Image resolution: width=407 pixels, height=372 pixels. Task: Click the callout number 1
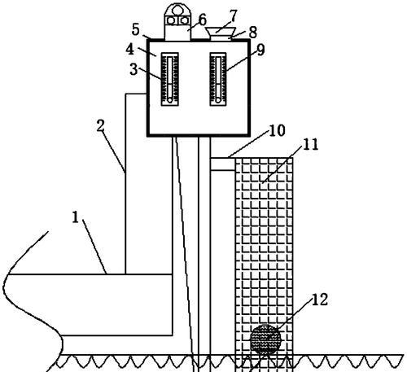[x=75, y=217]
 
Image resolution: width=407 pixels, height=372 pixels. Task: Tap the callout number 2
[x=101, y=126]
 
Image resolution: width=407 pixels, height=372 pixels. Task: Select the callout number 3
[x=133, y=69]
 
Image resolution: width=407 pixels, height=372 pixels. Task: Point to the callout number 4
[x=130, y=50]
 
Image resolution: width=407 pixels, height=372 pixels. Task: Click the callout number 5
[x=136, y=29]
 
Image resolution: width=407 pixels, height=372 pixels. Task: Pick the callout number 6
[x=203, y=20]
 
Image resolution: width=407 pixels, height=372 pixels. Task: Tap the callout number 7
[x=234, y=15]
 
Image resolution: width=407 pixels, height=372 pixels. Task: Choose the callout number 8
[x=252, y=33]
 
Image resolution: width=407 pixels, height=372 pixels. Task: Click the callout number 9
[x=260, y=50]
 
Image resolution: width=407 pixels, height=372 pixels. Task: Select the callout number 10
[x=277, y=130]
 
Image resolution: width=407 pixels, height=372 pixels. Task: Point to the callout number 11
[x=310, y=144]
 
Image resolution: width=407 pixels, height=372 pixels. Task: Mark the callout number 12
[x=320, y=300]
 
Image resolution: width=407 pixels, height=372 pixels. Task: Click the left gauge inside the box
[x=170, y=79]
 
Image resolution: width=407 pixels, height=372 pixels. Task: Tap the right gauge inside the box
[x=218, y=79]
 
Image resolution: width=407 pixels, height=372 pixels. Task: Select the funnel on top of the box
[x=221, y=34]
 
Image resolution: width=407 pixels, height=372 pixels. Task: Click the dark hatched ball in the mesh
[x=265, y=339]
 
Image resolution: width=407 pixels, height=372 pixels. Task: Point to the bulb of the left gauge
[x=170, y=100]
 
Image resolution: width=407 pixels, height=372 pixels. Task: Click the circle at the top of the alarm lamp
[x=177, y=10]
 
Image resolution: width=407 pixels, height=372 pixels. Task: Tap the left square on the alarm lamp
[x=171, y=20]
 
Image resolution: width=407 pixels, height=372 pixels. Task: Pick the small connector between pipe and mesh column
[x=223, y=164]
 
